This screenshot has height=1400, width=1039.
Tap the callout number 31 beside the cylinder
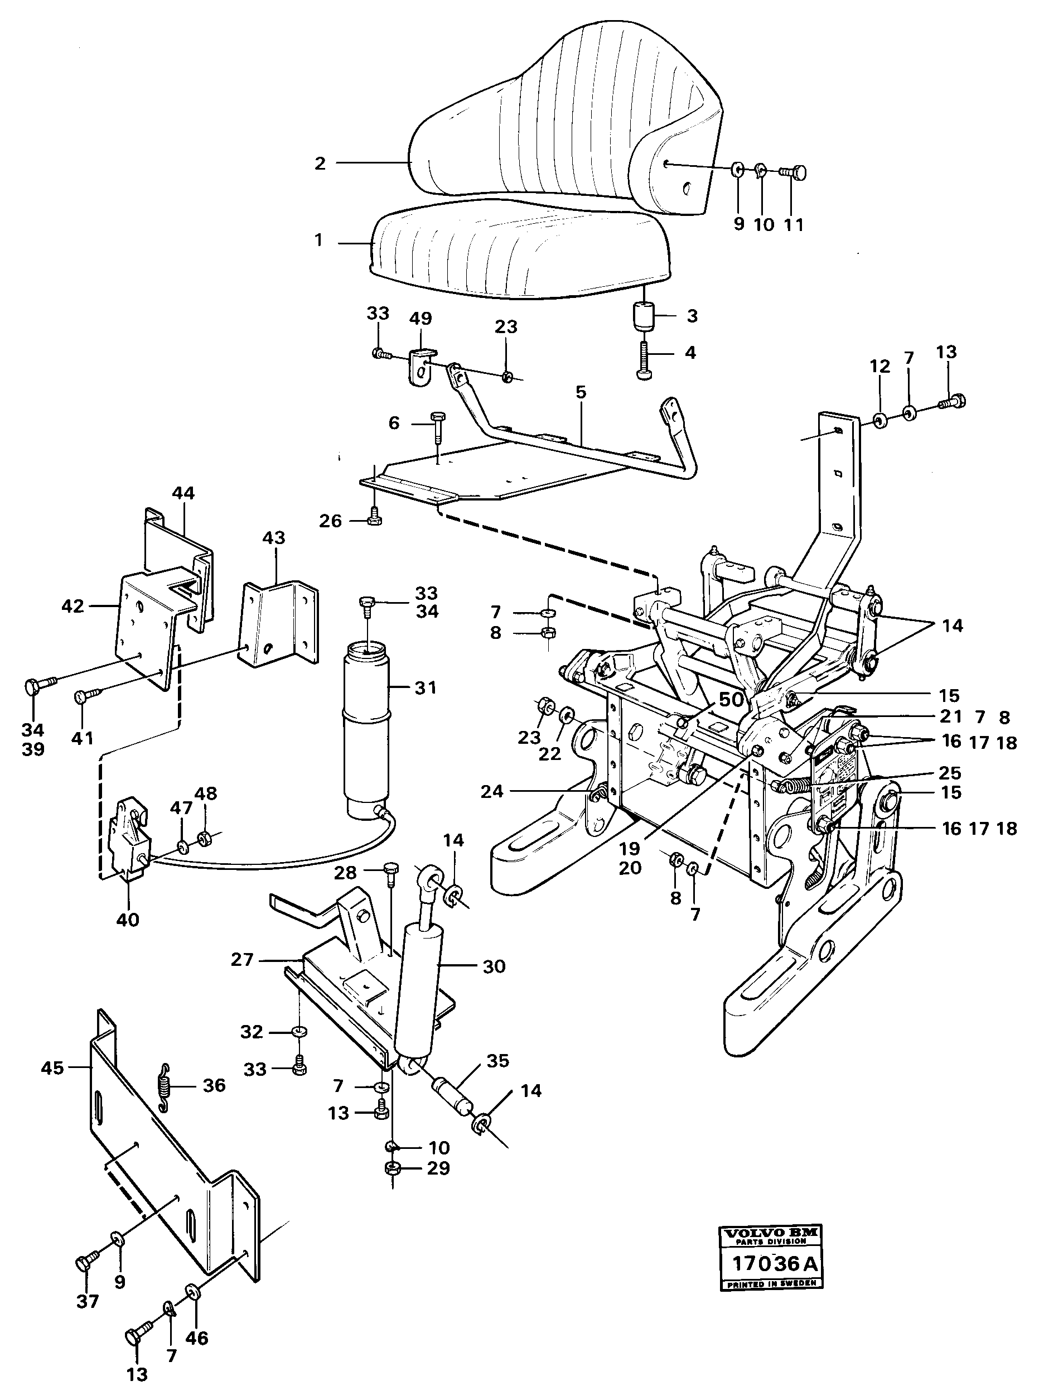[x=425, y=688]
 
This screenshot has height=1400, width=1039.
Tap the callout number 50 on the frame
[x=731, y=700]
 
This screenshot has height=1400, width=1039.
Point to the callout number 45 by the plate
[x=52, y=1068]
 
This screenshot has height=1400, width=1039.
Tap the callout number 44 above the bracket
[x=183, y=493]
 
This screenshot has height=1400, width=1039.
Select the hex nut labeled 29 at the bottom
[x=394, y=1170]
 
